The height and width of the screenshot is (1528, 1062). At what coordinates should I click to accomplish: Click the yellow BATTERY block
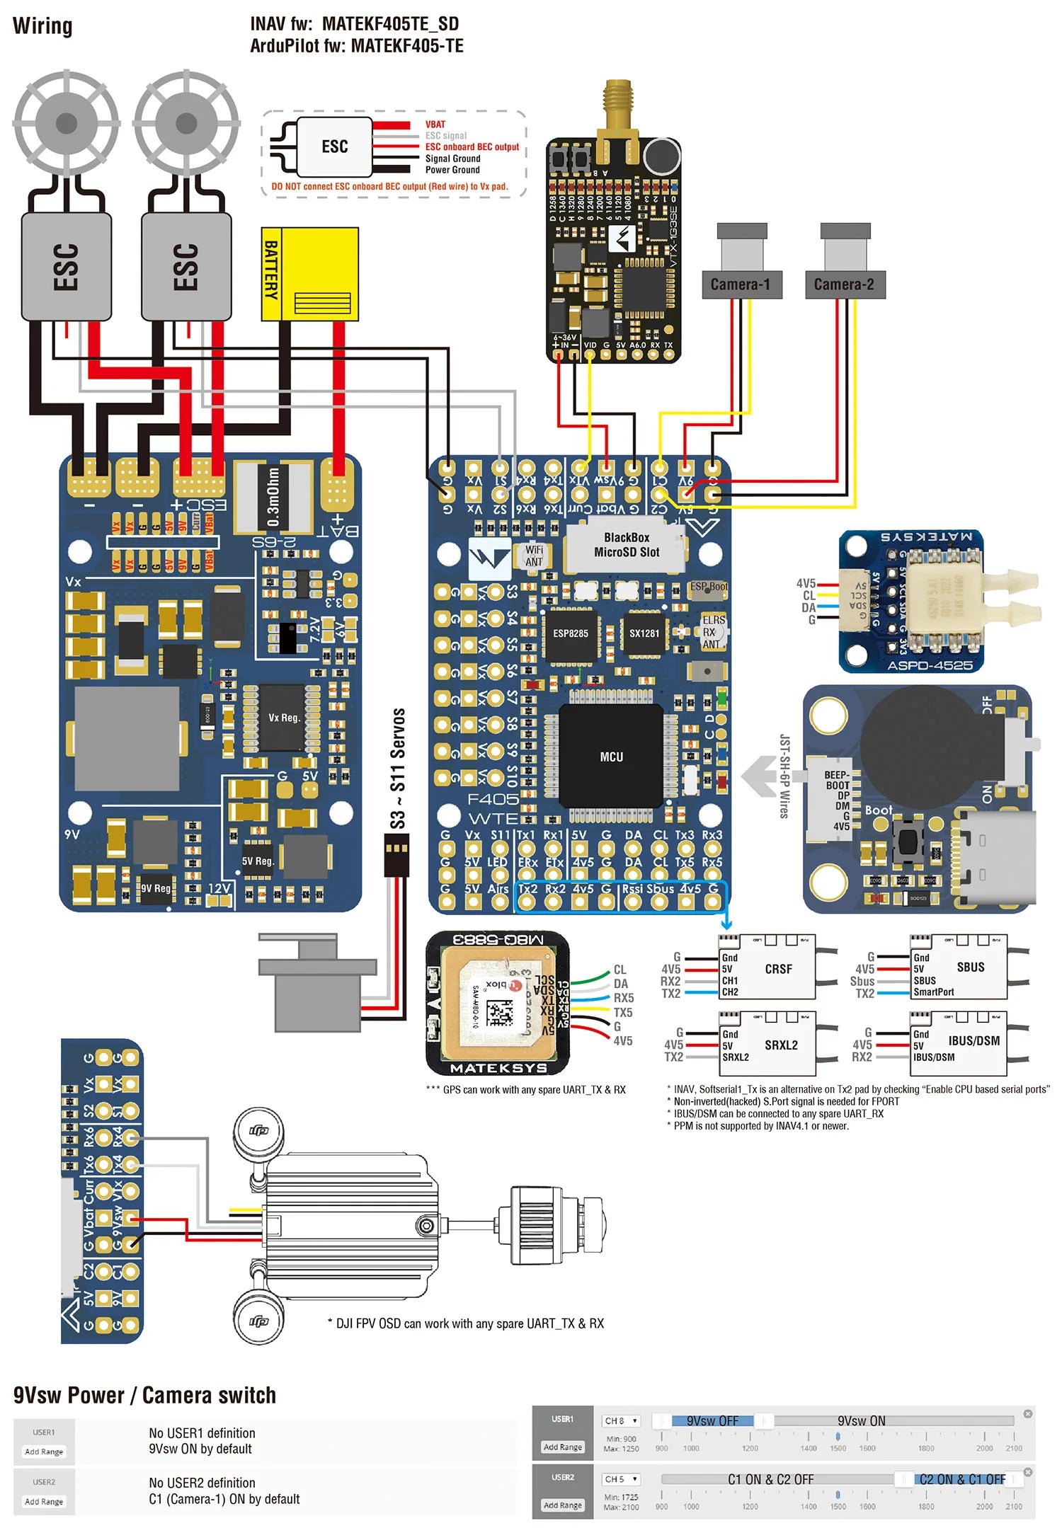(310, 273)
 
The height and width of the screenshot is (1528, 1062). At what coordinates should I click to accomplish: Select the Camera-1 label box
(741, 285)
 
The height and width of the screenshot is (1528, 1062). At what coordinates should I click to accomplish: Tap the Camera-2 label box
(845, 285)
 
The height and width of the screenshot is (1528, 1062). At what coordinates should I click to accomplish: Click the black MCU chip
(611, 756)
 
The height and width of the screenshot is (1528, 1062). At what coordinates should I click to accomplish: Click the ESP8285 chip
(571, 633)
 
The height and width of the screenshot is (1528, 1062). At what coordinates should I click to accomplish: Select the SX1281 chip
(644, 633)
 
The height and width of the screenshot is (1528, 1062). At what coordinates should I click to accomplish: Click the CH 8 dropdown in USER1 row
(621, 1420)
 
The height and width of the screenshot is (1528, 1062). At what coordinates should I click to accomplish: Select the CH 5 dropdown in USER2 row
(621, 1478)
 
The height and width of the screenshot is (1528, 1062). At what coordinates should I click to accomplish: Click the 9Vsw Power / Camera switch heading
(144, 1395)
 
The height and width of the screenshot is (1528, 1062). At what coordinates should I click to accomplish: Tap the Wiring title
(42, 26)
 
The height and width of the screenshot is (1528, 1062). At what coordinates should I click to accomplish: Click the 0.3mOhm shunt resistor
(273, 497)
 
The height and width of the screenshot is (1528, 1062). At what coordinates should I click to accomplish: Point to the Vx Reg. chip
(283, 717)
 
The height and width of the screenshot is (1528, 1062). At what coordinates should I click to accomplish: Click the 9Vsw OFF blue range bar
(713, 1420)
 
